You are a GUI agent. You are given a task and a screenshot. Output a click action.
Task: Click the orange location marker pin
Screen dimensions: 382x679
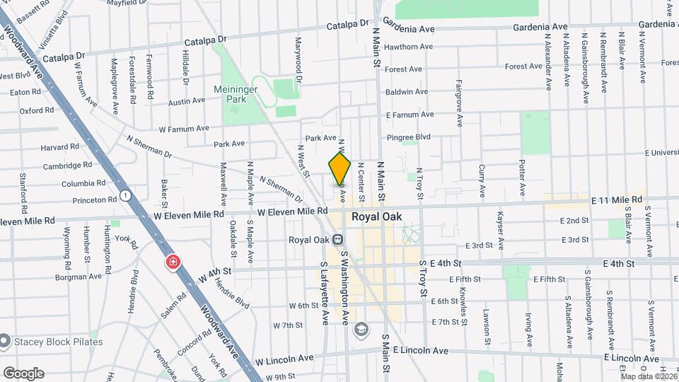click(339, 168)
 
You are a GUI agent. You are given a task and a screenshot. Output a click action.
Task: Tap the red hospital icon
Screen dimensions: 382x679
click(173, 263)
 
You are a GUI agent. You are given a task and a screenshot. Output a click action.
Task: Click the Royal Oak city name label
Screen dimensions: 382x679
click(376, 217)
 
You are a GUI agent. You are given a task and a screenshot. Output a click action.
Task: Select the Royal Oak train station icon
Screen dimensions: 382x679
click(338, 239)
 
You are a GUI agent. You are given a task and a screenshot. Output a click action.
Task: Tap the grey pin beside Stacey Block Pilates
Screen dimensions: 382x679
click(5, 342)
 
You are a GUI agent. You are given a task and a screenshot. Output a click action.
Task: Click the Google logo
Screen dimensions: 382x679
click(23, 373)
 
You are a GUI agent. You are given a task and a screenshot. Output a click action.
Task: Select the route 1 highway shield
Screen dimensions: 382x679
click(125, 195)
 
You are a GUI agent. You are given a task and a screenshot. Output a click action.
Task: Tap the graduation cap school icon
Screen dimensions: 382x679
click(361, 330)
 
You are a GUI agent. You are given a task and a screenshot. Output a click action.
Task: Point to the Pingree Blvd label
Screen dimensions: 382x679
click(409, 137)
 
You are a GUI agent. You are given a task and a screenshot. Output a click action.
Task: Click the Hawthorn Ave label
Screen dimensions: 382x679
click(409, 47)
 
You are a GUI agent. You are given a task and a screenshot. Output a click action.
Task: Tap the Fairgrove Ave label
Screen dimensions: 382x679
click(459, 103)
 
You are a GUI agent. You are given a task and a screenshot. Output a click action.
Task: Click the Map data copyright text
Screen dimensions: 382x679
click(649, 376)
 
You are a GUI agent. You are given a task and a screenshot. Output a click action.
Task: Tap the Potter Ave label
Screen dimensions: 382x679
click(522, 172)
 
